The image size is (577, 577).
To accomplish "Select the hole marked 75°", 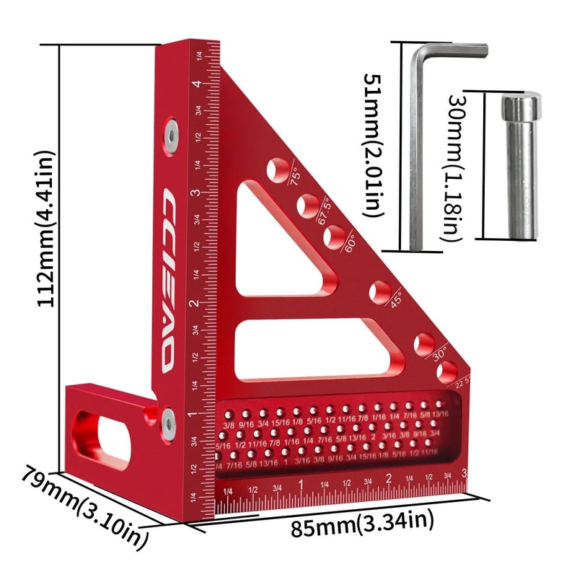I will pyautogui.click(x=276, y=169).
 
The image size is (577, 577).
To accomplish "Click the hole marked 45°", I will pyautogui.click(x=379, y=292).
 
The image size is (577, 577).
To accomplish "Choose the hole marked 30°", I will pyautogui.click(x=424, y=343).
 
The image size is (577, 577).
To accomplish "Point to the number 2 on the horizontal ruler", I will pyautogui.click(x=388, y=478).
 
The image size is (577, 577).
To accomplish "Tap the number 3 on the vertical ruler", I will pyautogui.click(x=195, y=193).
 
